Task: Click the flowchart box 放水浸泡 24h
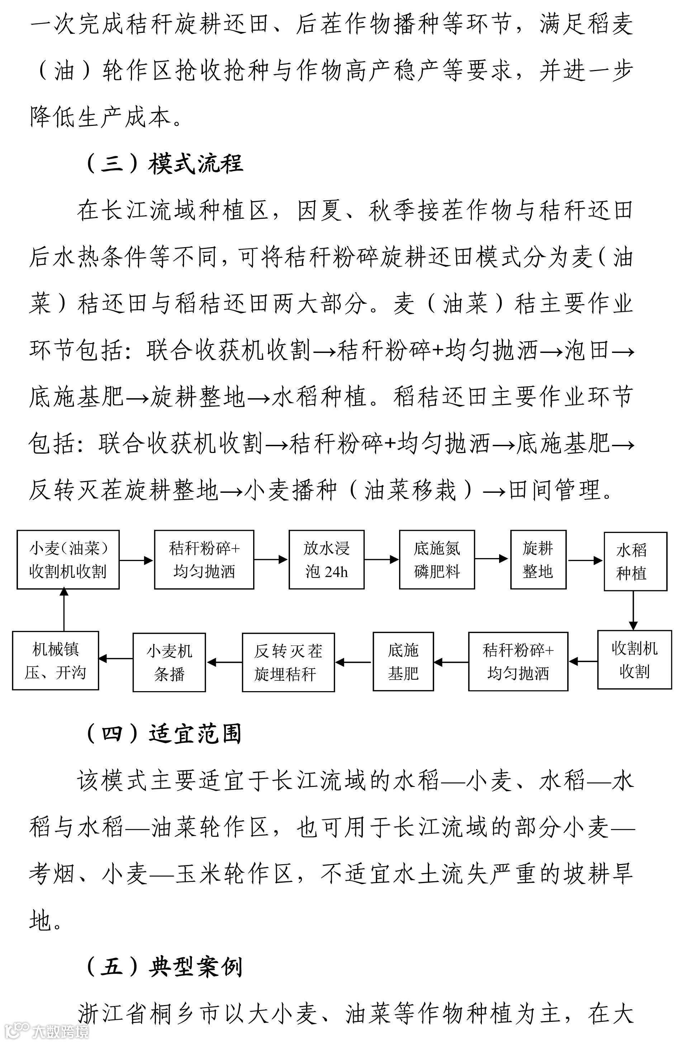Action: coord(326,560)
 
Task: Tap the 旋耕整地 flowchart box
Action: coord(538,560)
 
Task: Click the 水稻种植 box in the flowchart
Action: coord(635,561)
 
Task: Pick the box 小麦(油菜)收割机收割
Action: coord(68,560)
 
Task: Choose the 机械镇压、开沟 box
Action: coord(55,660)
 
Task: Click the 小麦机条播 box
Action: coord(169,662)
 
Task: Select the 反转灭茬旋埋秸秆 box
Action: coord(288,662)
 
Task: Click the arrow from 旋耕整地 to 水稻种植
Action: coord(585,561)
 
